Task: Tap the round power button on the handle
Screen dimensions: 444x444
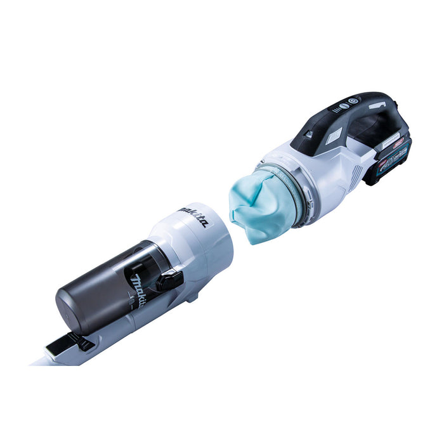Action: click(353, 101)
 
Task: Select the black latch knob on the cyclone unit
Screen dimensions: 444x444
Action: click(170, 280)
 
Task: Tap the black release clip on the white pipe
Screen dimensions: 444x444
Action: click(73, 343)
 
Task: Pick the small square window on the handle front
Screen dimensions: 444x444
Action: click(309, 134)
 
